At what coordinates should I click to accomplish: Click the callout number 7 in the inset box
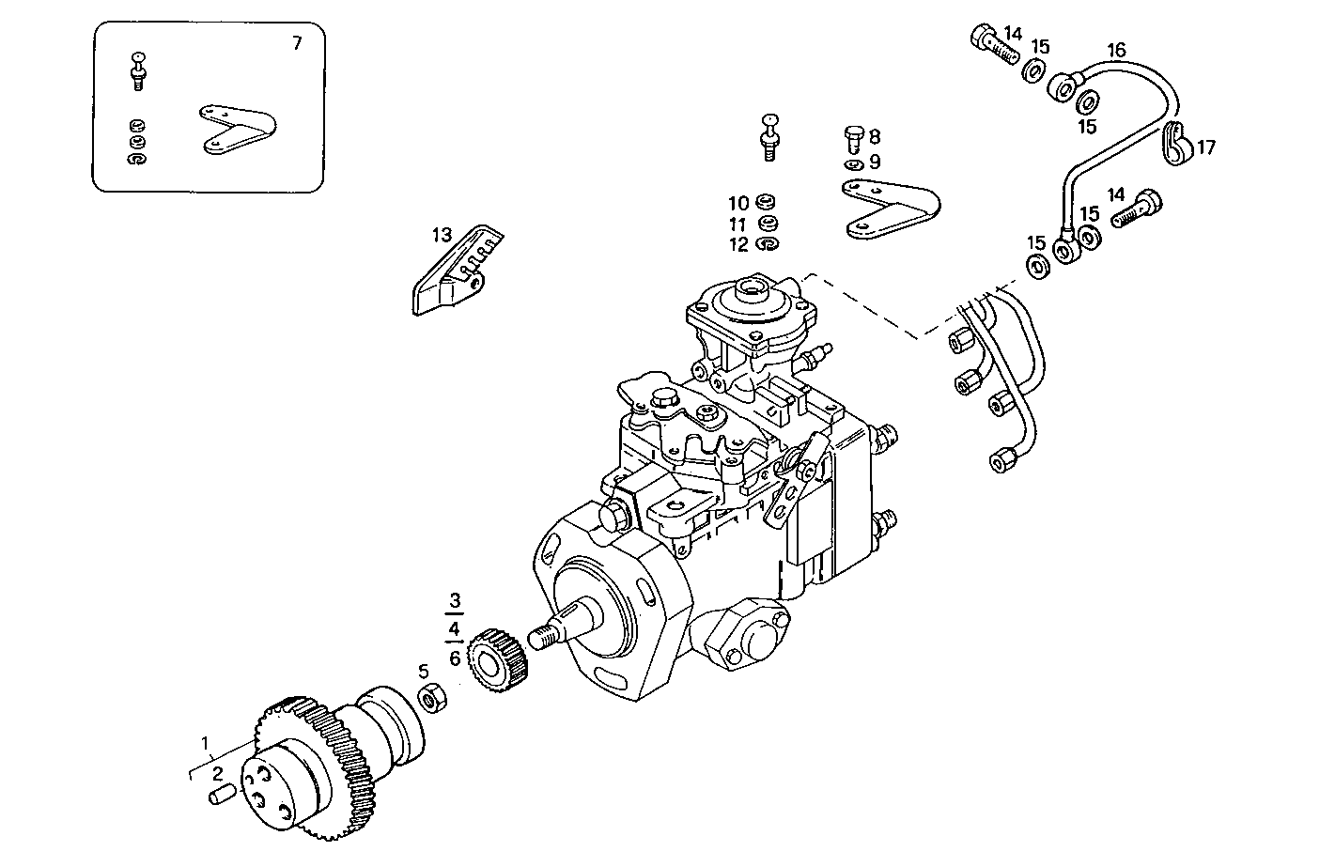(x=297, y=43)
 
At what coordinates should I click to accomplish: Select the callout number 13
(x=442, y=235)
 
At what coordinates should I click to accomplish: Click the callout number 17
(x=1206, y=147)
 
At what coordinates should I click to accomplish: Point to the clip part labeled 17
(x=1176, y=143)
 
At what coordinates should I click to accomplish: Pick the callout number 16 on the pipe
(x=1115, y=50)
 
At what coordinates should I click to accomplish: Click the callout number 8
(x=874, y=136)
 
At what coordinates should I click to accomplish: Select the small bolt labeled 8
(x=853, y=139)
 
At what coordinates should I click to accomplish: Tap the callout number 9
(x=874, y=162)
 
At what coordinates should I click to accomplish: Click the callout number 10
(x=737, y=204)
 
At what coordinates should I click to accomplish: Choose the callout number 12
(x=737, y=245)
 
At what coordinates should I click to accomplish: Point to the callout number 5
(x=423, y=671)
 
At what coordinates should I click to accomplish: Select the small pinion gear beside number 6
(x=498, y=653)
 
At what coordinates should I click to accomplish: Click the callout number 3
(x=455, y=600)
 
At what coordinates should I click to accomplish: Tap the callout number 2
(x=217, y=774)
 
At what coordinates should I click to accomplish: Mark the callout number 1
(x=205, y=744)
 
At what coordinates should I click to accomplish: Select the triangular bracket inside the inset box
(x=236, y=129)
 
